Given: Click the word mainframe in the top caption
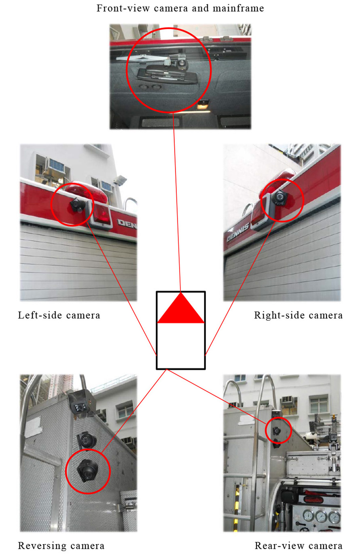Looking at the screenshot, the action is (x=238, y=8).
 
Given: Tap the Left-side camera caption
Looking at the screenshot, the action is (x=59, y=315).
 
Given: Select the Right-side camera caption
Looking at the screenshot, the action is (x=298, y=315).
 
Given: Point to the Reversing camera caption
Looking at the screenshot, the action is (x=61, y=545).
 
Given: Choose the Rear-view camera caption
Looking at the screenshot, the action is (x=299, y=545).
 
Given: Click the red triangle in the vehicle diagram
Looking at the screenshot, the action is (x=181, y=308).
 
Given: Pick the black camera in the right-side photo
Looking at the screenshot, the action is (x=280, y=197).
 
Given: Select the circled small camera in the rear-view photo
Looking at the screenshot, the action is (x=277, y=430).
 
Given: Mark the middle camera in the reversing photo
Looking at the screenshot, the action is (x=86, y=441).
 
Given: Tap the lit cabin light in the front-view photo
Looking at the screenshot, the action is (x=203, y=105).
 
